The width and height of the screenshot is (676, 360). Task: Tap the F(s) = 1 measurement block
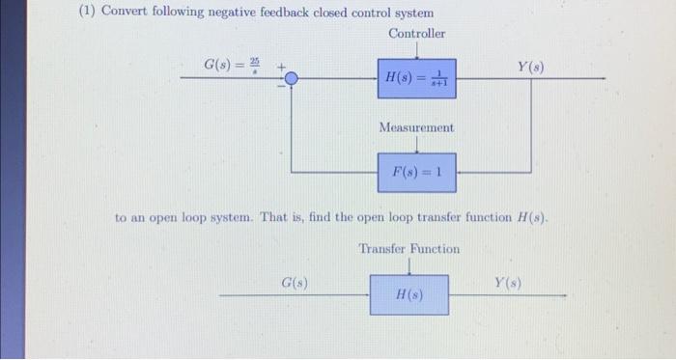point(416,174)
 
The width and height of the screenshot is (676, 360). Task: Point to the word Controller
point(416,34)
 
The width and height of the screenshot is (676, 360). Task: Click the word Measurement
point(416,127)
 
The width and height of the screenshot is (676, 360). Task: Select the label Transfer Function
point(409,249)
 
